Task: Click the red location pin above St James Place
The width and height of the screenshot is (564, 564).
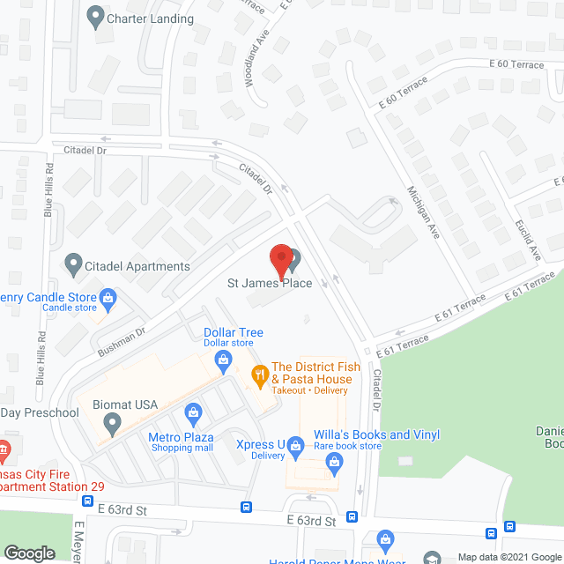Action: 280,257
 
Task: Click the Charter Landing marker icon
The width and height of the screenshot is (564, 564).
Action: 95,16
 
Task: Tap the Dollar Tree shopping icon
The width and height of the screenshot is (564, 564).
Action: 224,359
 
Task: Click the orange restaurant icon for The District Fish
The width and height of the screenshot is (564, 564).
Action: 259,374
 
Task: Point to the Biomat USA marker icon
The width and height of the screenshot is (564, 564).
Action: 112,424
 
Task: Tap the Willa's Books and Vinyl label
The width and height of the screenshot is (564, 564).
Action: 377,434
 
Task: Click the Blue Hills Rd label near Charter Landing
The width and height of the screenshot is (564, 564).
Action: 49,189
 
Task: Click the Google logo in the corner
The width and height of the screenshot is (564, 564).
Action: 28,553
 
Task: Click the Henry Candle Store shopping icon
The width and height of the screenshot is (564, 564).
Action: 108,298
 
